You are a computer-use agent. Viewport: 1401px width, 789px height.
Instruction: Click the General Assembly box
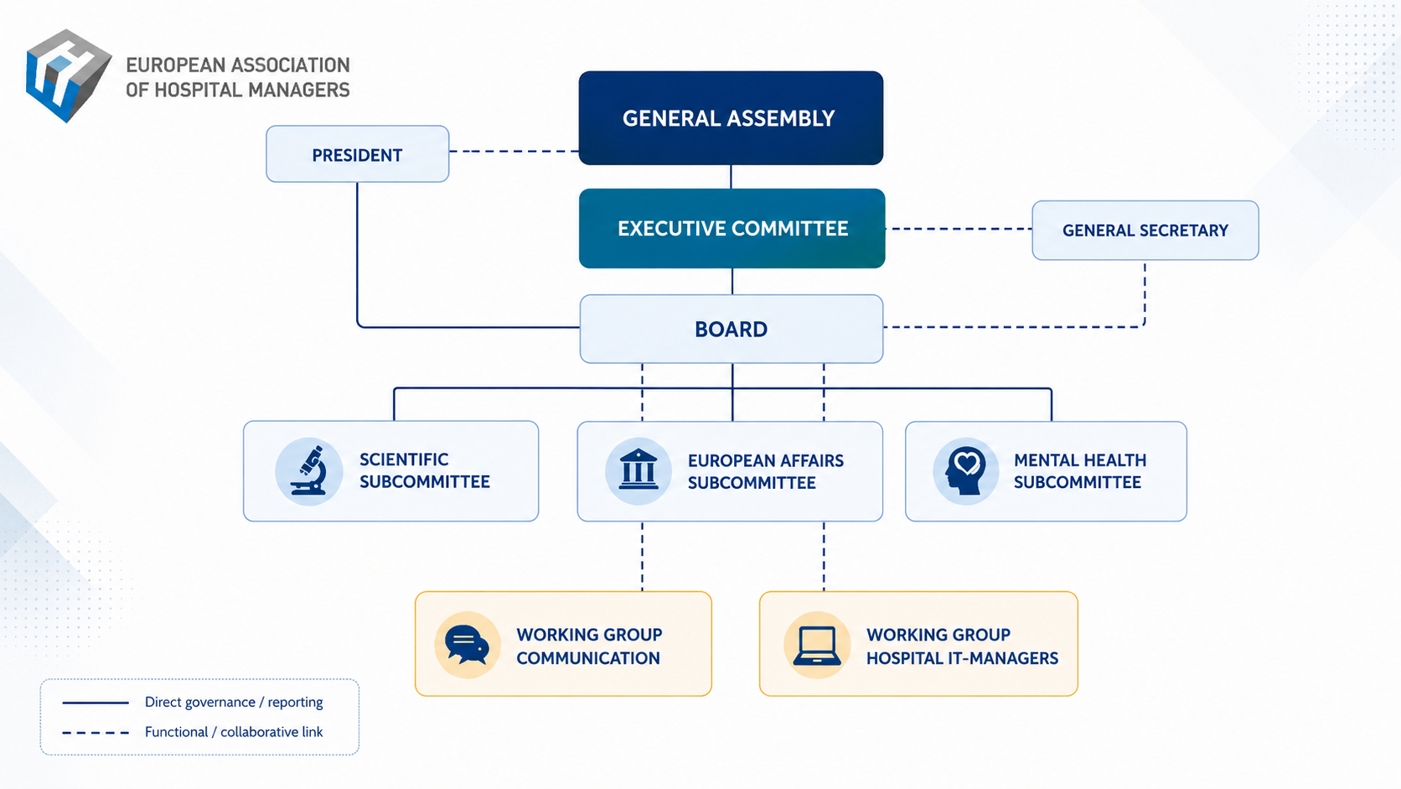[731, 117]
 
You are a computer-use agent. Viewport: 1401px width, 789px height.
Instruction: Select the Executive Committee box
[732, 228]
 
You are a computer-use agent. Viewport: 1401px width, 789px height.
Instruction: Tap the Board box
[732, 330]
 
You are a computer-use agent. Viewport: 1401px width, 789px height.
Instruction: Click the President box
[357, 154]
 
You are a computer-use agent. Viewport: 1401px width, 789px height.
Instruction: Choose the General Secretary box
[1145, 231]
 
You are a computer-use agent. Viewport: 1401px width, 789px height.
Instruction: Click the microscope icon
[309, 470]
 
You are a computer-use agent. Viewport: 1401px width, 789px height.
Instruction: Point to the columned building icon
[638, 470]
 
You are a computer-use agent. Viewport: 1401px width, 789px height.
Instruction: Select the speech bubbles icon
[467, 645]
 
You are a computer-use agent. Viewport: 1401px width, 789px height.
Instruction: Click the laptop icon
[817, 645]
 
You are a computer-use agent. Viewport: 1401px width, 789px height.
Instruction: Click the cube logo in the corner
[68, 75]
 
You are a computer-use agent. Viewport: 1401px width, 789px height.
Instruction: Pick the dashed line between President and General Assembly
[514, 152]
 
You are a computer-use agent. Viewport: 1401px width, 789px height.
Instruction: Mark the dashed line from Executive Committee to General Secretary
[959, 229]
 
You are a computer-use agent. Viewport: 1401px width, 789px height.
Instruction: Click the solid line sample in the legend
[96, 703]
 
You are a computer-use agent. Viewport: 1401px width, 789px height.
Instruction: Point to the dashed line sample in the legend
[96, 733]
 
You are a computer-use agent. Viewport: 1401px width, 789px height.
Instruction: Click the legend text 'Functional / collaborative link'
[234, 732]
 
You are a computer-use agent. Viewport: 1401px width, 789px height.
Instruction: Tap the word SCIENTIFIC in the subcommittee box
[404, 459]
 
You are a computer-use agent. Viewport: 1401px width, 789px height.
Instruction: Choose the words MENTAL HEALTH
[1080, 459]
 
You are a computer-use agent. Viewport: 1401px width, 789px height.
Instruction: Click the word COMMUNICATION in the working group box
[588, 658]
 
